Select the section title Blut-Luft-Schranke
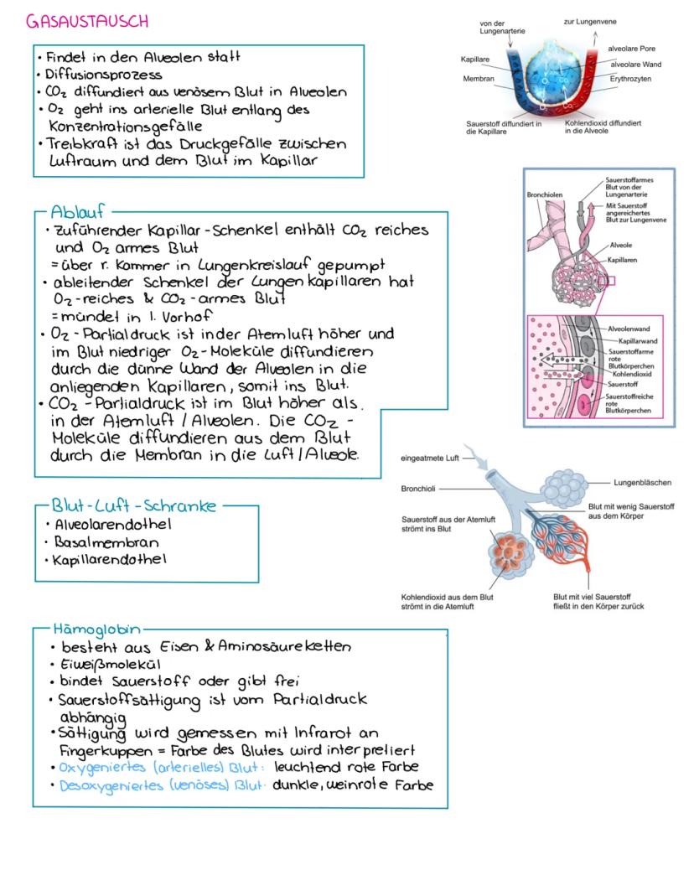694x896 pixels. [x=134, y=505]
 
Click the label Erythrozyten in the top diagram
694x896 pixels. [x=634, y=77]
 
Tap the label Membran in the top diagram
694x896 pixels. [x=479, y=79]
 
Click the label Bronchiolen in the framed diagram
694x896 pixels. [x=545, y=194]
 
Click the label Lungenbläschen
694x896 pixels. [x=640, y=483]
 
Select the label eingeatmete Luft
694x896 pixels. [x=431, y=458]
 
